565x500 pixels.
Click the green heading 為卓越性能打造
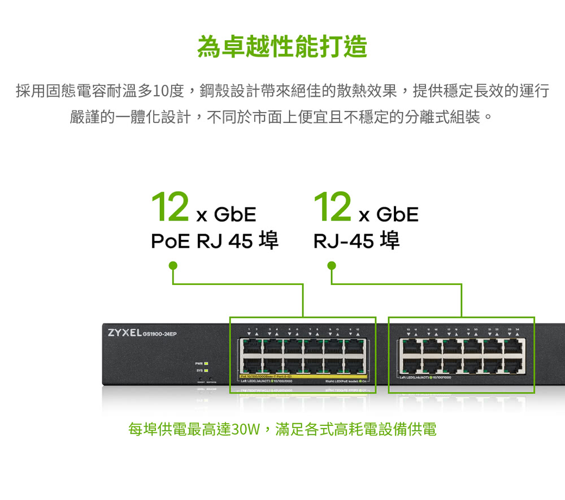[x=282, y=46]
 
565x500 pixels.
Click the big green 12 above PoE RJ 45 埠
[x=169, y=208]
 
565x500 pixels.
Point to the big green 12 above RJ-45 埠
[x=333, y=208]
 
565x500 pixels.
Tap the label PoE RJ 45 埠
[x=215, y=242]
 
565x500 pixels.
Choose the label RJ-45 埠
[x=357, y=242]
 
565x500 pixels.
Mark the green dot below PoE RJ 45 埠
[x=172, y=265]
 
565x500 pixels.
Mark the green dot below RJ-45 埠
[x=332, y=265]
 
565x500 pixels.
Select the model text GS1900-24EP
[x=160, y=334]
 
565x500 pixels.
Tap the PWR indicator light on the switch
[x=207, y=363]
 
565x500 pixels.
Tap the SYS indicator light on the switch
[x=207, y=370]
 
